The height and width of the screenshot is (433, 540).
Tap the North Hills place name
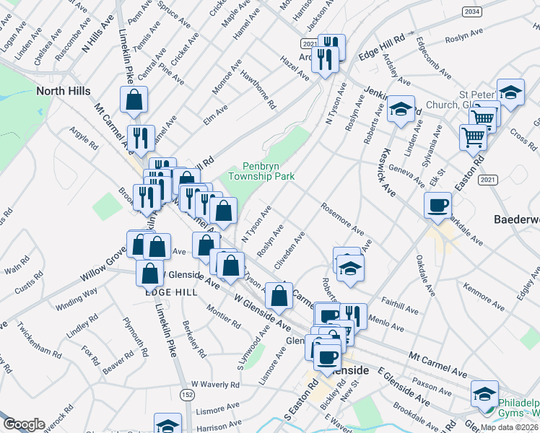tap(64, 91)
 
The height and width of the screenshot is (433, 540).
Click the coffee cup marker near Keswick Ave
tap(437, 206)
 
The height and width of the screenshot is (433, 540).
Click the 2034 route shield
tap(472, 12)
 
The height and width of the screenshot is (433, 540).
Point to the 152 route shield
tap(187, 395)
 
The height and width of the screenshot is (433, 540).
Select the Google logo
tap(24, 424)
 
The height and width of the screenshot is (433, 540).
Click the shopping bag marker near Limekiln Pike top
tap(134, 100)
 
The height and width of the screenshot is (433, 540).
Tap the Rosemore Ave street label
tap(343, 219)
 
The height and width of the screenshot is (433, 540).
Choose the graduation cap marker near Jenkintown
tap(401, 110)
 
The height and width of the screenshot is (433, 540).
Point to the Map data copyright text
tap(507, 427)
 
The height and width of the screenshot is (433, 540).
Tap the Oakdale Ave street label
tap(425, 281)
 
